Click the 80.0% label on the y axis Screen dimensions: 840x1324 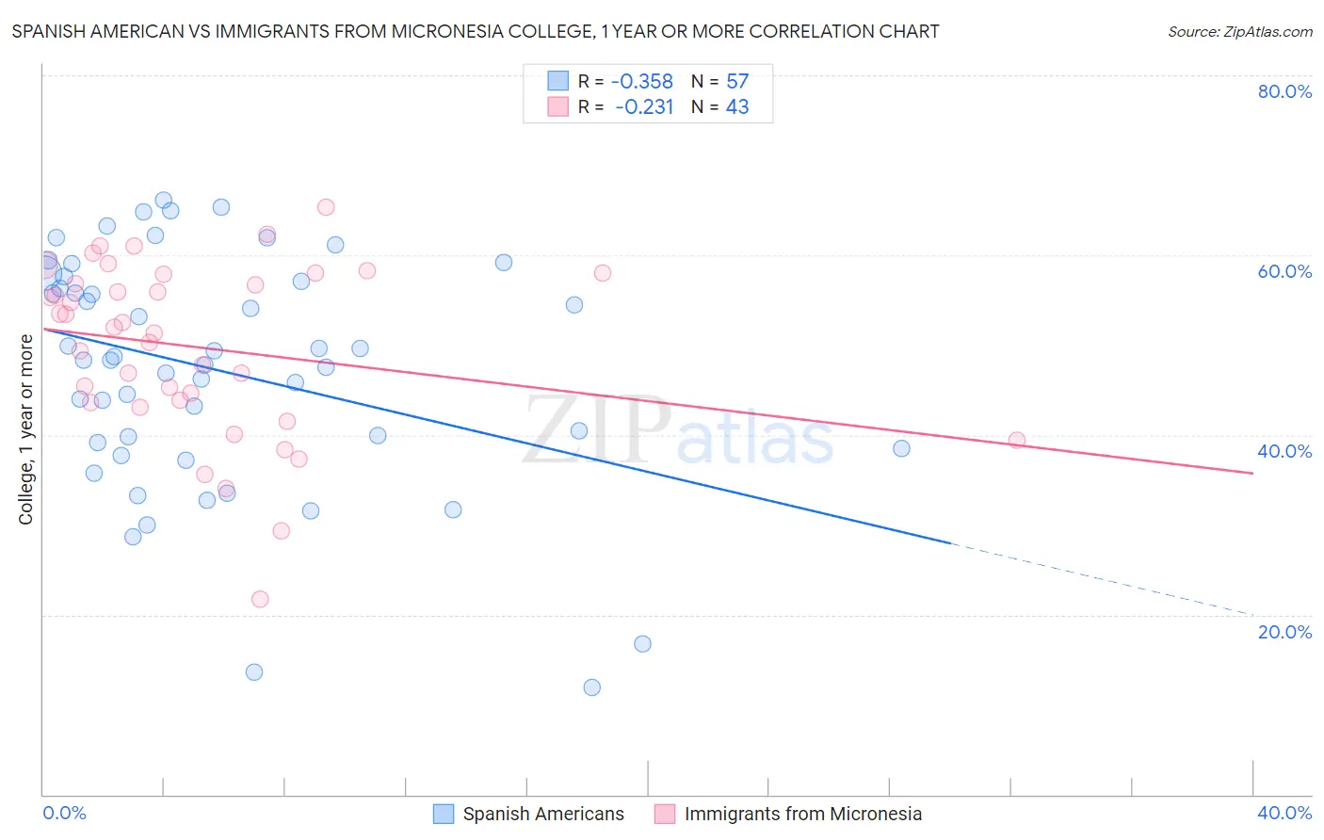tap(1284, 91)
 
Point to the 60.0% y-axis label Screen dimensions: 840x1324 tap(1284, 271)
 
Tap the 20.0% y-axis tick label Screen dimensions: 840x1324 tap(1284, 632)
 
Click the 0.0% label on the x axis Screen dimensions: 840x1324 tap(65, 813)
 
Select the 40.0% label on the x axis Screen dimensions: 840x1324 tap(1284, 813)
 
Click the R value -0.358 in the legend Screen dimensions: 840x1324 tap(642, 82)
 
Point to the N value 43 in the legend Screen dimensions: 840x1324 tap(737, 107)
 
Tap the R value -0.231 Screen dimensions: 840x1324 tap(644, 107)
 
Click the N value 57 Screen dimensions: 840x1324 tap(737, 82)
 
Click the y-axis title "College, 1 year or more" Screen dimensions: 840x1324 tap(26, 429)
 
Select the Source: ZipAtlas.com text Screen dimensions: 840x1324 tap(1239, 32)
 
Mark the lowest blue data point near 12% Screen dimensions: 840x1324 tap(592, 687)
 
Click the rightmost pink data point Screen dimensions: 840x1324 tap(1017, 440)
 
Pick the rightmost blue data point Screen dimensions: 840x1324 tap(902, 448)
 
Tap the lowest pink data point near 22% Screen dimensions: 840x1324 tap(260, 599)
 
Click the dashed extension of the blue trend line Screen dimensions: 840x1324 tap(1102, 579)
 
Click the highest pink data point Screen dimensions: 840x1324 tap(326, 207)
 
